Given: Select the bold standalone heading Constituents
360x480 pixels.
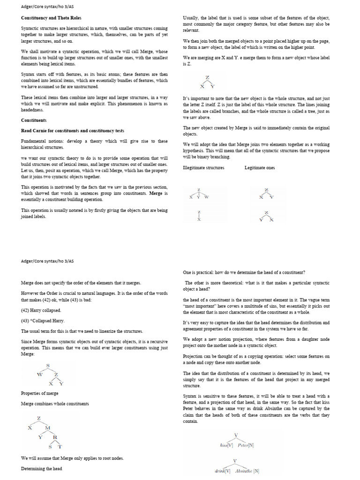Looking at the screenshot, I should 33,120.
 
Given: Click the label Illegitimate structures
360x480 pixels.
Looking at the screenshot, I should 203,167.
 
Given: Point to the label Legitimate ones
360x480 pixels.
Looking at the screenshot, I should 260,167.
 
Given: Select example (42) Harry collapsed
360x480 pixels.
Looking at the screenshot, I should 41,310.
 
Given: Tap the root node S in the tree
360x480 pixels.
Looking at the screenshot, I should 48,365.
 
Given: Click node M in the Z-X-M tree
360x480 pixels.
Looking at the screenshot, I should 47,428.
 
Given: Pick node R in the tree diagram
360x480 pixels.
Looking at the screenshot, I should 55,437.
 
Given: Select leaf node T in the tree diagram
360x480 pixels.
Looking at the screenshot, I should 60,447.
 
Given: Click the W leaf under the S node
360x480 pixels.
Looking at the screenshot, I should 39,375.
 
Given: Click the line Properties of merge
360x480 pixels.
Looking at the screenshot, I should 40,393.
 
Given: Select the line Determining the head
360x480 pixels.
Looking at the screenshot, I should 41,468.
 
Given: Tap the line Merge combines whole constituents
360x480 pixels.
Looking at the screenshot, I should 55,404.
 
